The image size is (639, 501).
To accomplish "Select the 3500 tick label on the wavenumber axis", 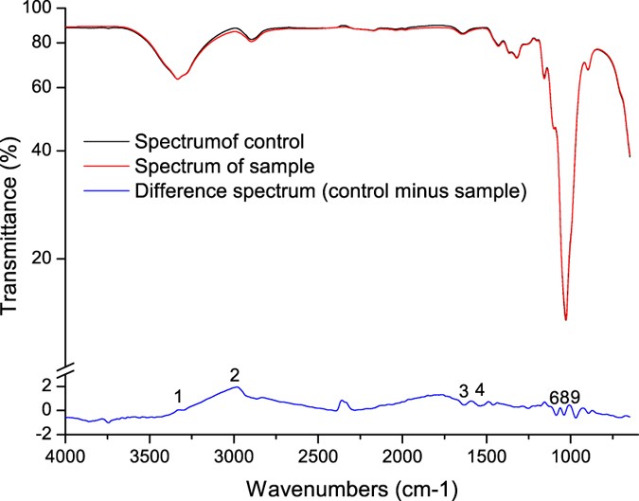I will [x=150, y=455].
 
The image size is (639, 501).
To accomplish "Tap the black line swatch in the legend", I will [x=105, y=145].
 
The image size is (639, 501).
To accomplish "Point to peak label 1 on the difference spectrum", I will [x=177, y=395].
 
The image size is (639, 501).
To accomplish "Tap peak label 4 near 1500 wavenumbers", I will [x=480, y=390].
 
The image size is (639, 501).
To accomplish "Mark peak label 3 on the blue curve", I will [x=463, y=391].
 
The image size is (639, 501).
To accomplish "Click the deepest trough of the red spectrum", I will [x=565, y=319].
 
